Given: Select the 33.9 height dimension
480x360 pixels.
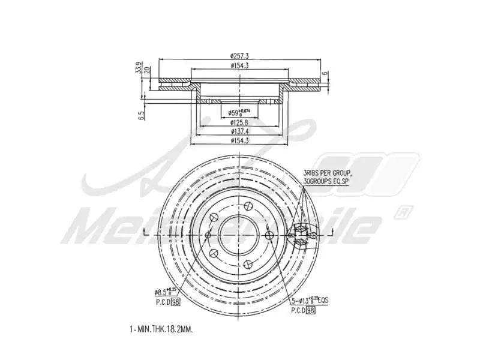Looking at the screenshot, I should (x=139, y=70).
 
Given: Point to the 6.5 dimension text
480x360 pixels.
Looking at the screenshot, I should (x=142, y=115).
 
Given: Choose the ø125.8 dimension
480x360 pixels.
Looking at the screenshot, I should (x=239, y=122).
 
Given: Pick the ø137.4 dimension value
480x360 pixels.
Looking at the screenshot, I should (x=239, y=131).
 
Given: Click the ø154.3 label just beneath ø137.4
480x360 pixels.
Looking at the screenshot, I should (x=239, y=140).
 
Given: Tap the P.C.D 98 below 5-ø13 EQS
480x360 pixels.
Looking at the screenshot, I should (x=303, y=310).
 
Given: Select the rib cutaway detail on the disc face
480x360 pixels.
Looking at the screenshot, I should (x=303, y=235).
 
